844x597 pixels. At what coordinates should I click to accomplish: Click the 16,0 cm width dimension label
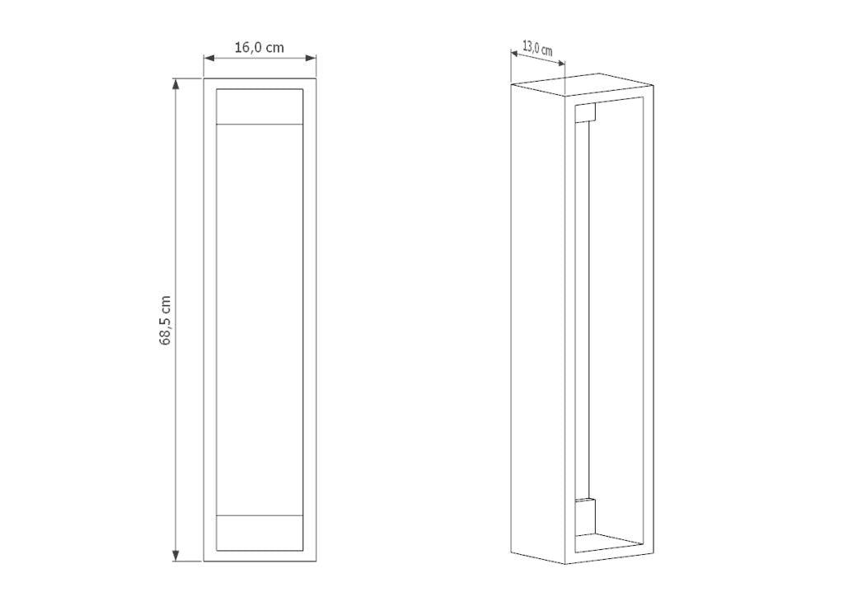259,47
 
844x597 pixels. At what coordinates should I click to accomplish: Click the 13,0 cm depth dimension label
537,48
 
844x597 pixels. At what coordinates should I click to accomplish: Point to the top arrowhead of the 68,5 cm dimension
176,84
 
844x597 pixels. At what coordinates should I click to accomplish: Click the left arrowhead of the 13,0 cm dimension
514,54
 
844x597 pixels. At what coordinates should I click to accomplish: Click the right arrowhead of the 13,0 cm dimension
560,63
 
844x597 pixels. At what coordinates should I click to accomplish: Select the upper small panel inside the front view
260,106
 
